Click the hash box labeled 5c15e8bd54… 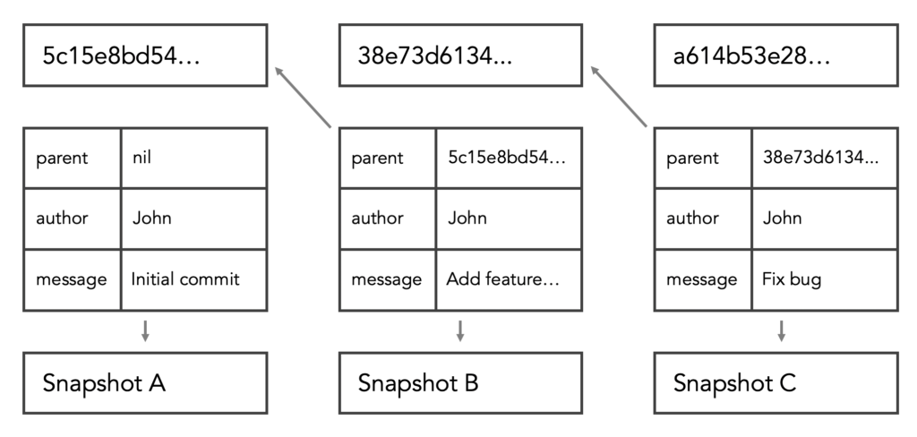(144, 56)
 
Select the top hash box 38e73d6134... (460, 56)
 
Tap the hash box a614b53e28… (776, 56)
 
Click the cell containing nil (193, 158)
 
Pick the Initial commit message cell (193, 279)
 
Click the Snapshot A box (144, 383)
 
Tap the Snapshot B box (460, 383)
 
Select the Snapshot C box (776, 383)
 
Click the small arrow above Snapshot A (145, 330)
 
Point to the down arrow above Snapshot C (782, 330)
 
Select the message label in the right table (702, 279)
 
